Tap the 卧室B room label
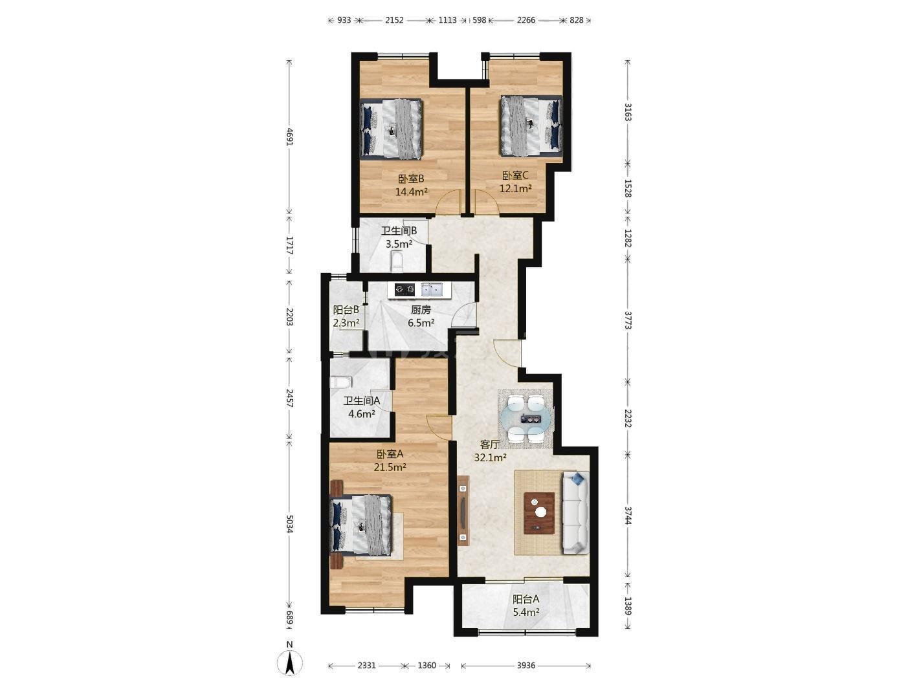pyautogui.click(x=411, y=179)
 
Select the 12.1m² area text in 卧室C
pyautogui.click(x=515, y=189)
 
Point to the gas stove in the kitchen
pyautogui.click(x=405, y=289)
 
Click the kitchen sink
pyautogui.click(x=432, y=289)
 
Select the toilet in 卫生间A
pyautogui.click(x=340, y=383)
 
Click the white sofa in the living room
pyautogui.click(x=576, y=513)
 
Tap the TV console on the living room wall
pyautogui.click(x=463, y=511)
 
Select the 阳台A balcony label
pyautogui.click(x=526, y=600)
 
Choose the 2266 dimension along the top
pyautogui.click(x=526, y=20)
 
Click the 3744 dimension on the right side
pyautogui.click(x=628, y=516)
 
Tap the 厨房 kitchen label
pyautogui.click(x=421, y=310)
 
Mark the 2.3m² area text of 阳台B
pyautogui.click(x=346, y=323)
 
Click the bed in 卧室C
pyautogui.click(x=532, y=126)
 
